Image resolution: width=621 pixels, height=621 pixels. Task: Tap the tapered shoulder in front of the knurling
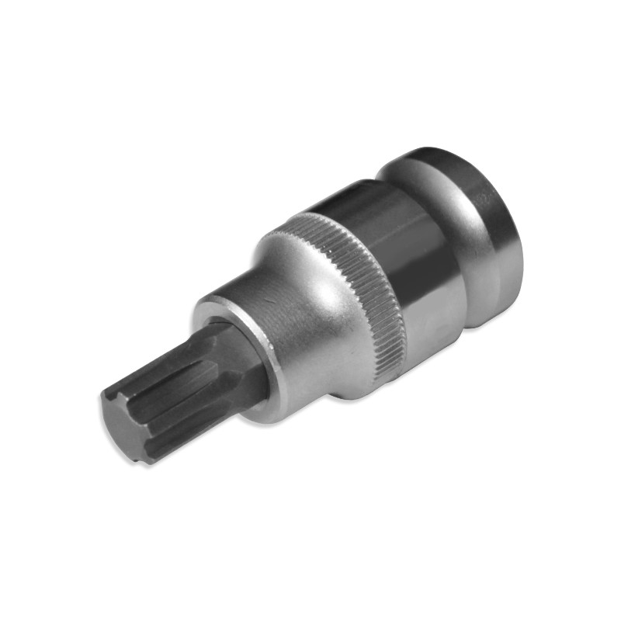pos(310,310)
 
